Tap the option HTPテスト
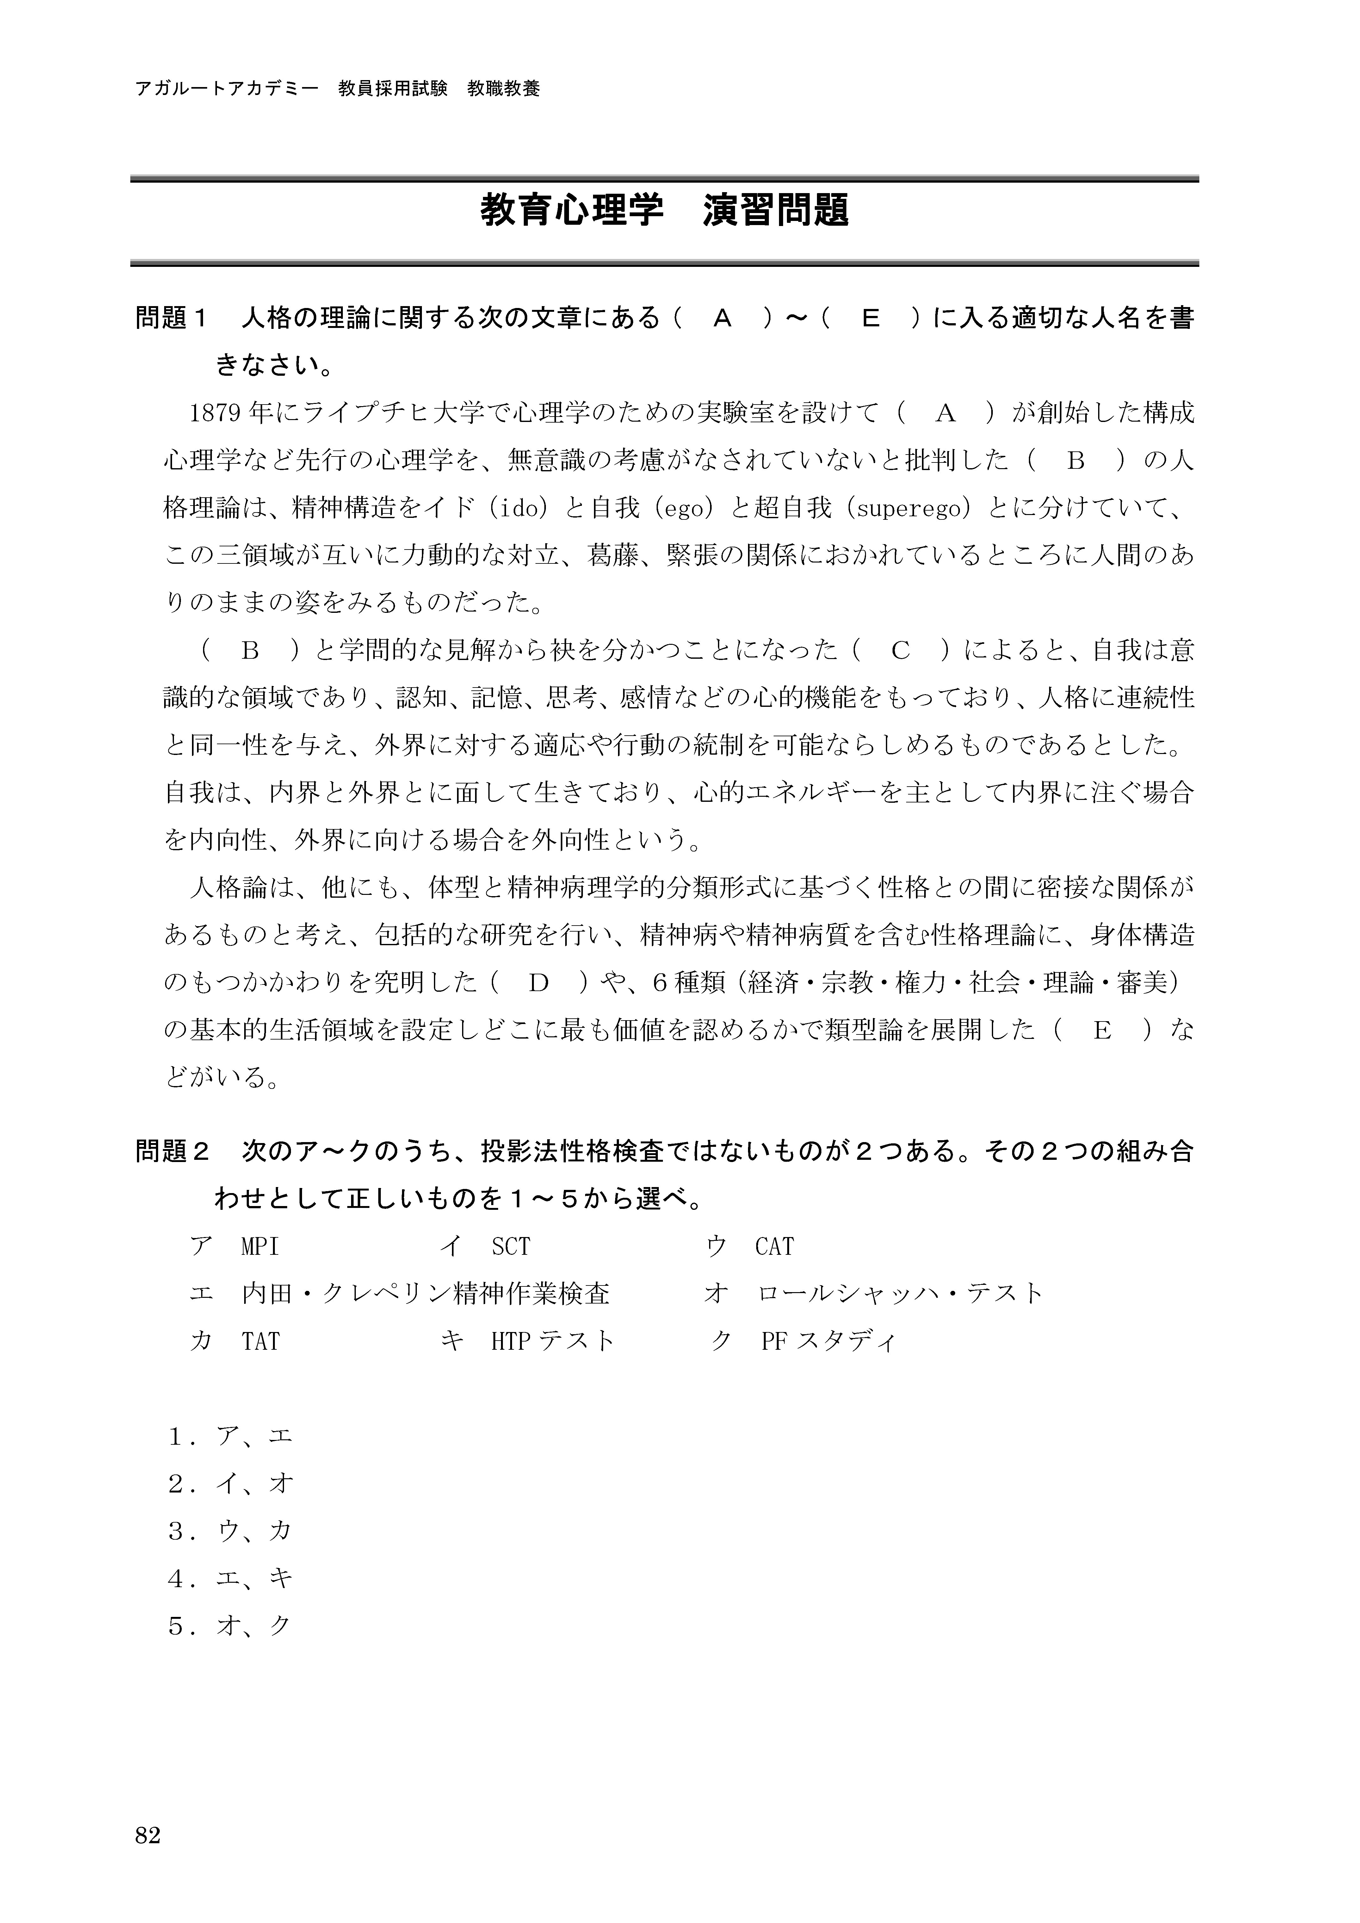[553, 1342]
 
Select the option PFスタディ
[827, 1342]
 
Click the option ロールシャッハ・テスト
[900, 1294]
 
